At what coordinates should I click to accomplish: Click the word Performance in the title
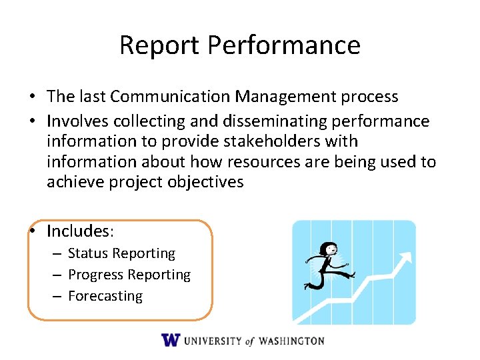click(x=283, y=45)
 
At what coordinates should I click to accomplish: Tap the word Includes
click(x=78, y=231)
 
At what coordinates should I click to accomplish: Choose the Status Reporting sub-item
click(x=121, y=253)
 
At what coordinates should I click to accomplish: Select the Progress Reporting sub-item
click(x=129, y=275)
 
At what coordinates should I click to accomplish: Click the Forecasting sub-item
click(x=105, y=296)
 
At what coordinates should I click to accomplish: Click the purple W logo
click(x=171, y=340)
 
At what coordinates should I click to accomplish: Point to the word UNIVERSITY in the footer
click(x=213, y=341)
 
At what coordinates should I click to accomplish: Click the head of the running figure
click(x=328, y=250)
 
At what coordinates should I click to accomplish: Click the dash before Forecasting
click(x=58, y=296)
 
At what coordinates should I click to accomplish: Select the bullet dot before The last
click(x=32, y=97)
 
